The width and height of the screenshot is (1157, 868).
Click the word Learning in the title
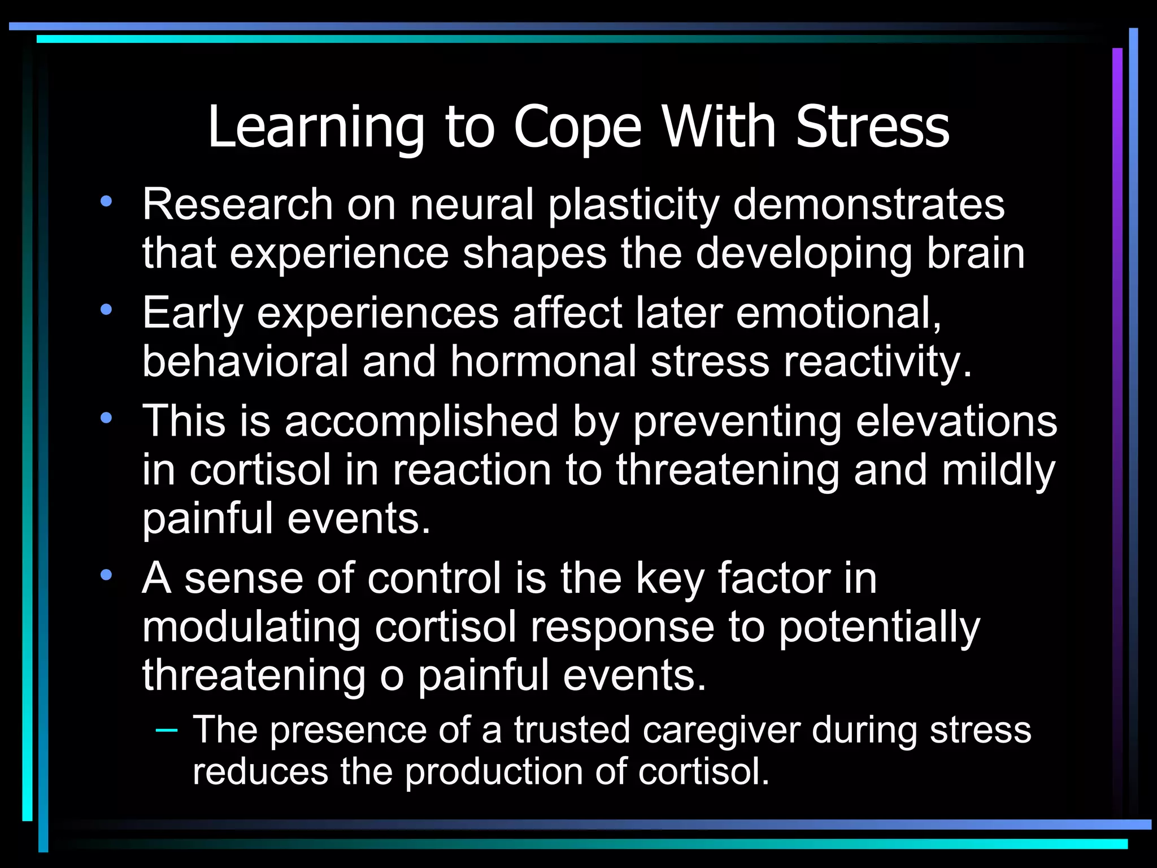pyautogui.click(x=316, y=129)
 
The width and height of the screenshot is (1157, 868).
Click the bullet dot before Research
pyautogui.click(x=106, y=201)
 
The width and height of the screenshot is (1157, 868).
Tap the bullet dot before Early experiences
pyautogui.click(x=106, y=310)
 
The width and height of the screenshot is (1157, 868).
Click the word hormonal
pyautogui.click(x=543, y=361)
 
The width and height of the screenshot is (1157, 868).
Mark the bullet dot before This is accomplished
pyautogui.click(x=106, y=418)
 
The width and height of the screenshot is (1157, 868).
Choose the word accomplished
pyautogui.click(x=421, y=421)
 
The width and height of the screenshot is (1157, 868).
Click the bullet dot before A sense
pyautogui.click(x=106, y=575)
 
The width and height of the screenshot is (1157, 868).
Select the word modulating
pyautogui.click(x=251, y=628)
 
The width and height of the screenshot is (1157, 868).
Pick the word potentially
pyautogui.click(x=879, y=628)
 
